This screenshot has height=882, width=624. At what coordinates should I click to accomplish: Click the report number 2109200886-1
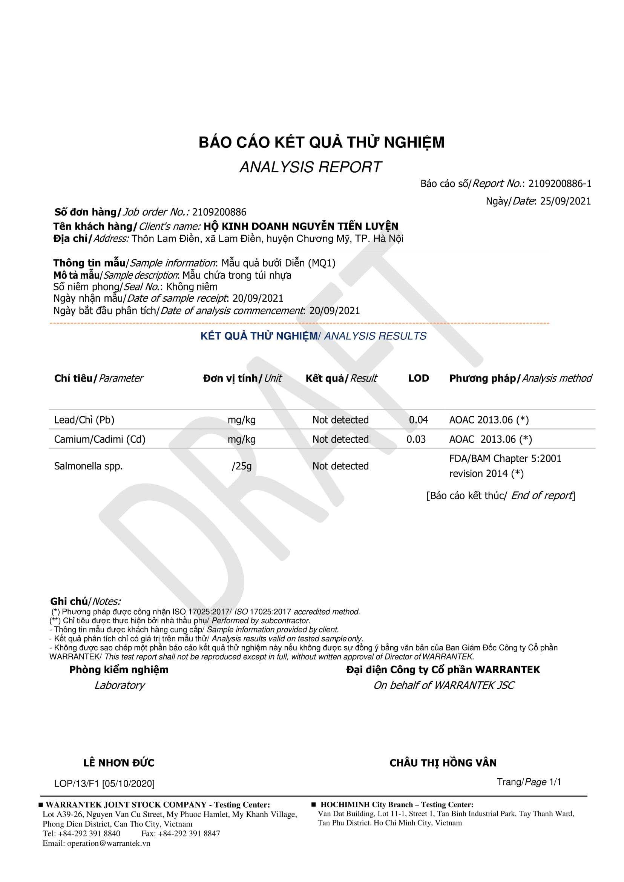[x=560, y=184]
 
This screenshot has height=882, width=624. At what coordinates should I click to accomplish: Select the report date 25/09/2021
[x=565, y=201]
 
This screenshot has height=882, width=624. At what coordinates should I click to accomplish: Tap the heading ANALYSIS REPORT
[x=310, y=167]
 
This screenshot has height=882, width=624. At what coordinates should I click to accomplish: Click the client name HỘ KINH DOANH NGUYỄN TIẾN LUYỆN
[x=301, y=226]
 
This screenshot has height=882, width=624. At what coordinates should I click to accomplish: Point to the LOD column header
[x=419, y=378]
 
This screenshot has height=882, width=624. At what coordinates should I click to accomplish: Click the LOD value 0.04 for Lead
[x=418, y=420]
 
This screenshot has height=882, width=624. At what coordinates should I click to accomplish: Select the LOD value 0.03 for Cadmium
[x=416, y=439]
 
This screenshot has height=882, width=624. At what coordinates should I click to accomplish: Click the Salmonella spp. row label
[x=88, y=466]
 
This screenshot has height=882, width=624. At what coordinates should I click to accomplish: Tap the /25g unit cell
[x=242, y=466]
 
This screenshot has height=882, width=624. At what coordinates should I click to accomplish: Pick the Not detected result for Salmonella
[x=340, y=466]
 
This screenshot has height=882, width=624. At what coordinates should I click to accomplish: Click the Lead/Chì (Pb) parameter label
[x=84, y=420]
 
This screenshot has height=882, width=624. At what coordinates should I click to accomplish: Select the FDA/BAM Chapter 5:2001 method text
[x=505, y=459]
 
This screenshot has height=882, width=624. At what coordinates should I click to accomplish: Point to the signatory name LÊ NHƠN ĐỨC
[x=119, y=763]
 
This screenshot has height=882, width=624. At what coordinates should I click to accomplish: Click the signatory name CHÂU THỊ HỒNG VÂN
[x=443, y=763]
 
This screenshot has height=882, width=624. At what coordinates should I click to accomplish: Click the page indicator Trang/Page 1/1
[x=529, y=782]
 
